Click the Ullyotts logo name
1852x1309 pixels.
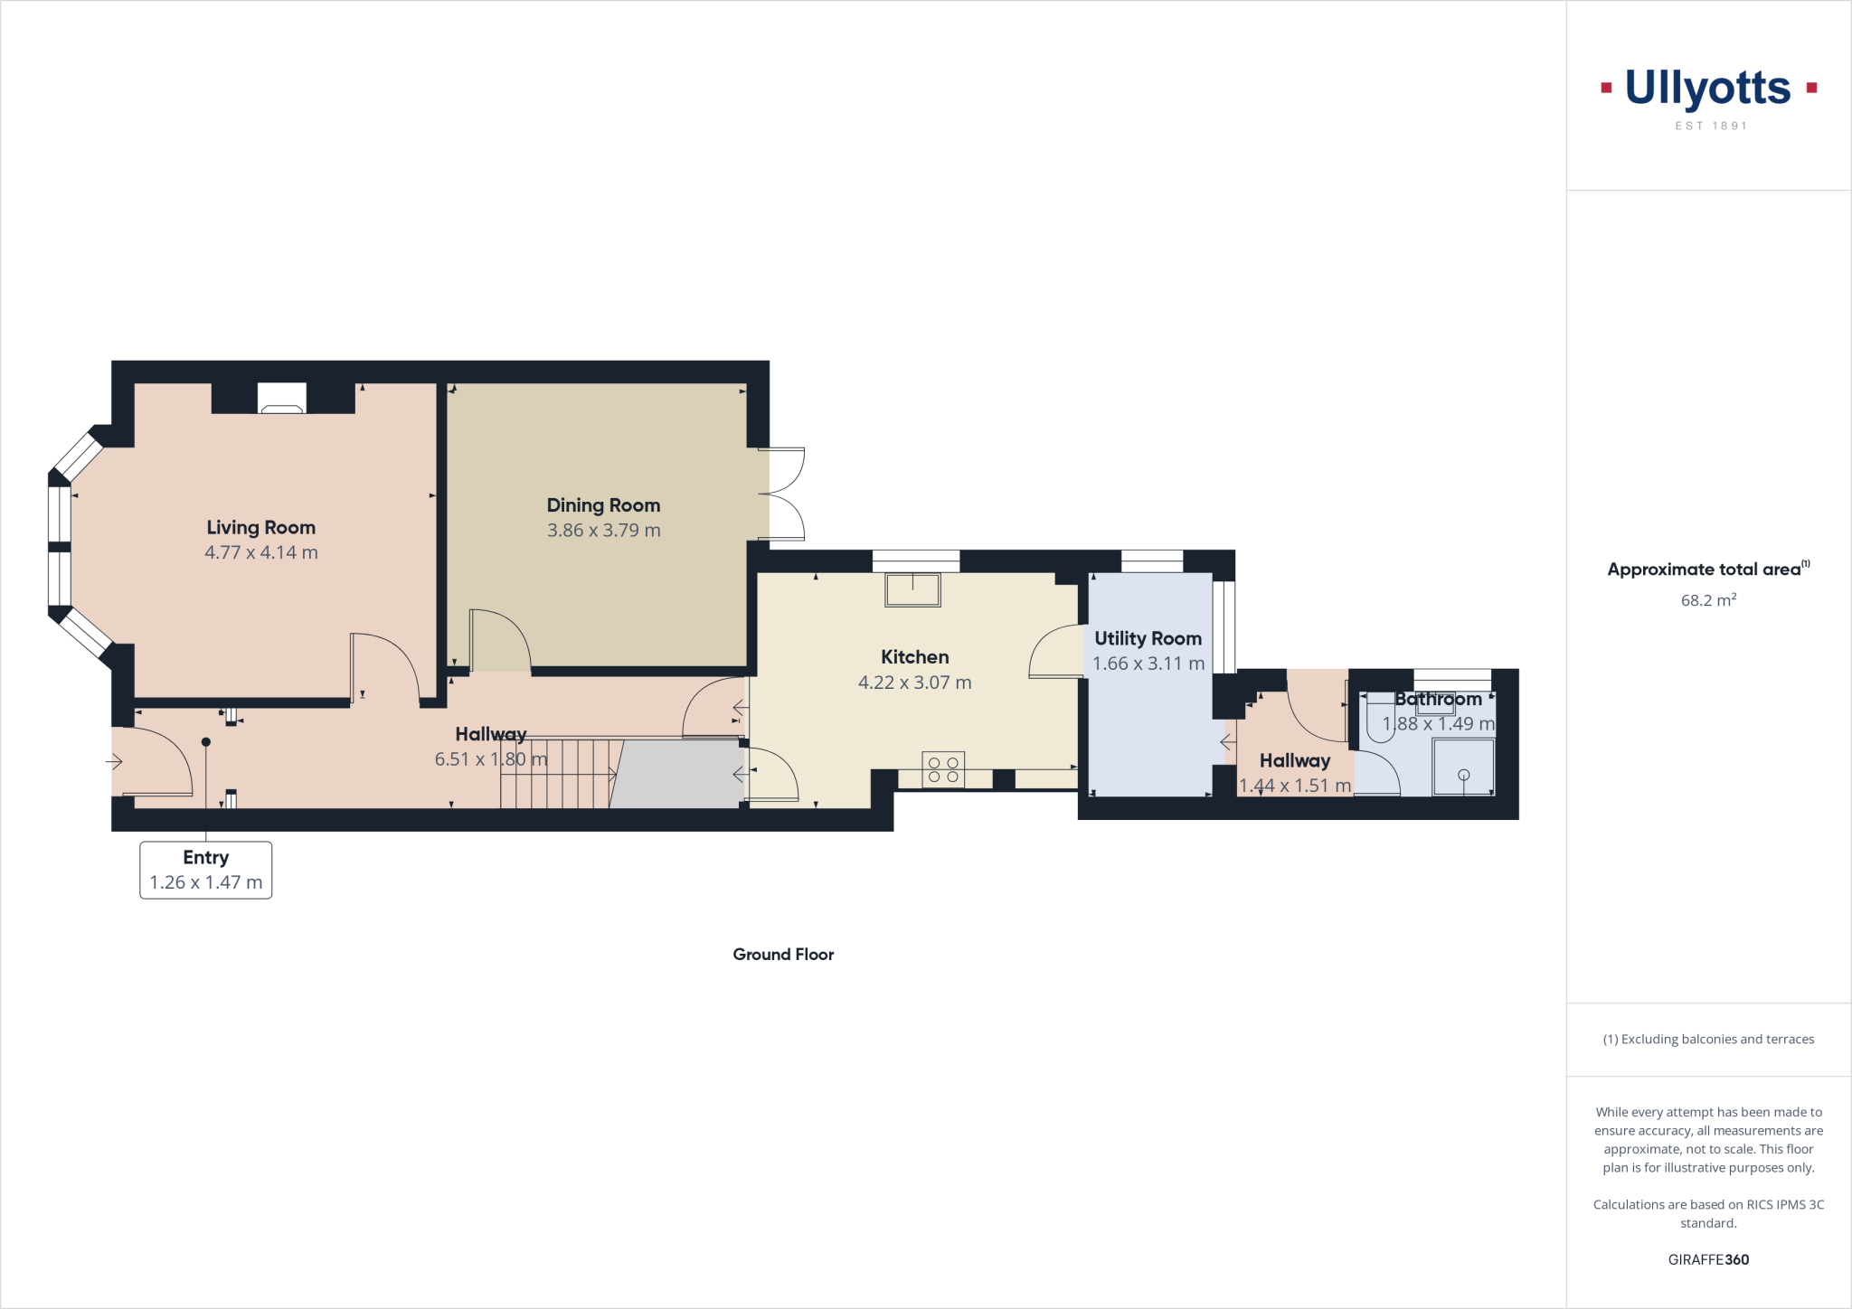1707,89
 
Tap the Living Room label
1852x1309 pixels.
260,527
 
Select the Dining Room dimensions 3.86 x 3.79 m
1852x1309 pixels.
603,531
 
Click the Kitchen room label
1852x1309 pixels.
914,657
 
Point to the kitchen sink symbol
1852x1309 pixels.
912,589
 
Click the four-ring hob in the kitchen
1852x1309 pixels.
943,770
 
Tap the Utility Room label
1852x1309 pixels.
1148,638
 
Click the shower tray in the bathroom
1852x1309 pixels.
1463,767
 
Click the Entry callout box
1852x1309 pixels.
205,870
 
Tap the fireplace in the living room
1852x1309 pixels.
281,399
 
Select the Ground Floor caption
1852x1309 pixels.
783,955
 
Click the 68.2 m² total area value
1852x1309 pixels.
1707,600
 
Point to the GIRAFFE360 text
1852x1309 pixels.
1707,1259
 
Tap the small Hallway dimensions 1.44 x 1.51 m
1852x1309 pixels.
1294,786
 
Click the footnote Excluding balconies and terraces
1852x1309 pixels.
1708,1040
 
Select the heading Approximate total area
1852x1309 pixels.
1704,570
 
